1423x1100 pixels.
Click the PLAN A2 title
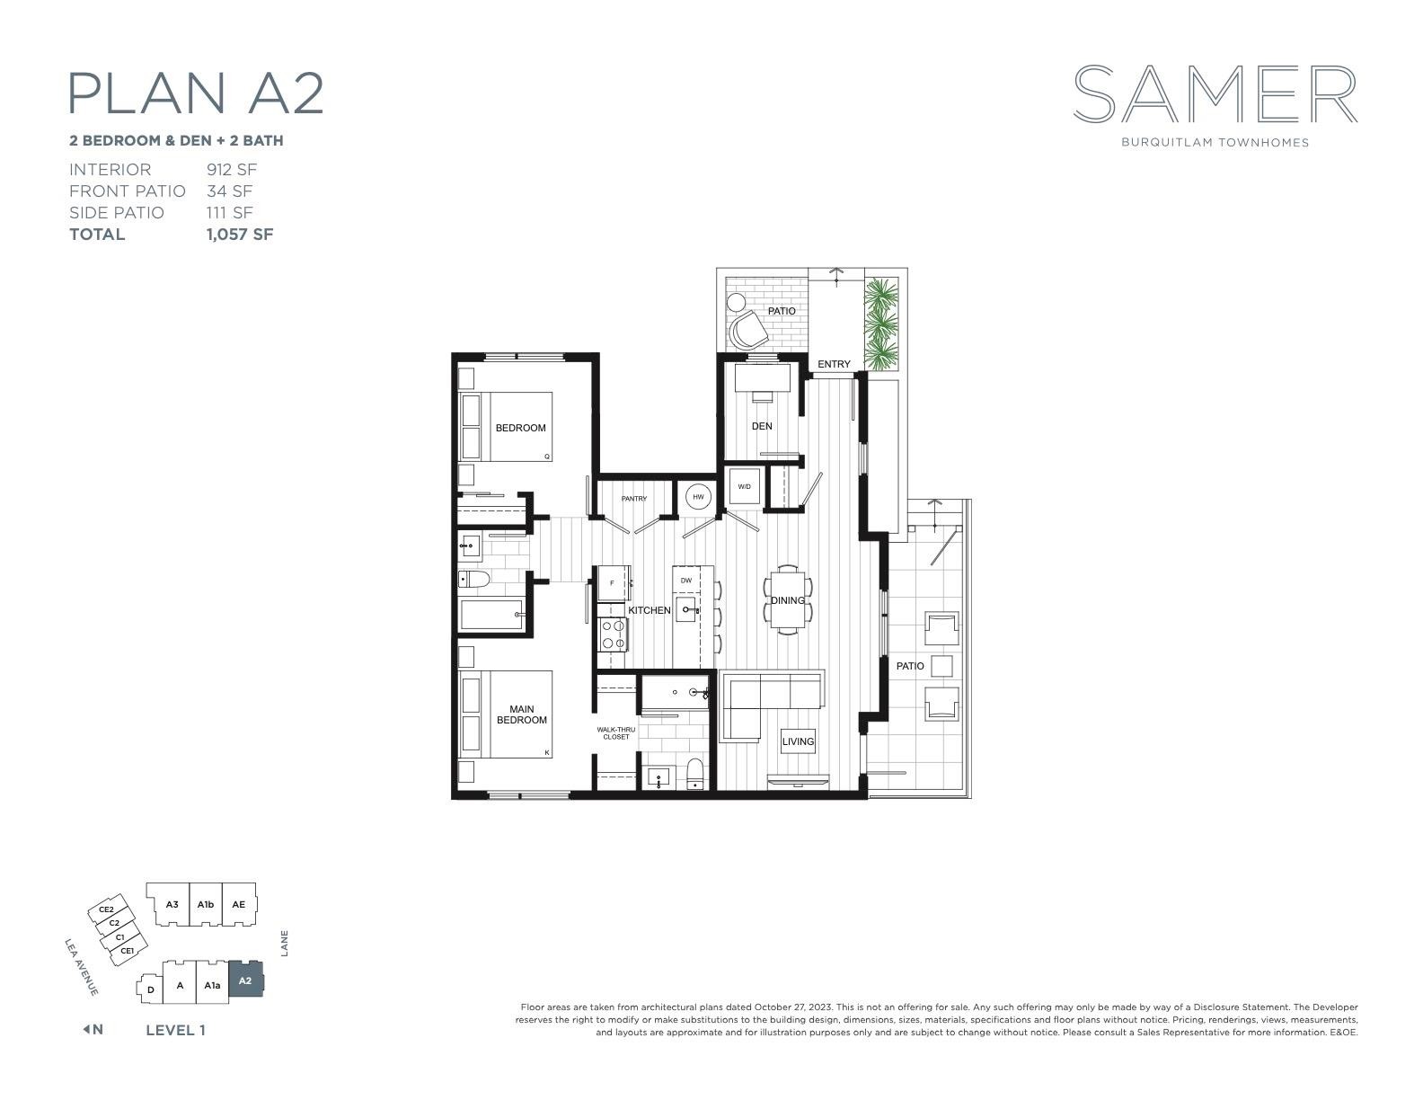coord(196,93)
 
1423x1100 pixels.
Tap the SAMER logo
coord(1215,93)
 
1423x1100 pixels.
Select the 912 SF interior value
coord(232,170)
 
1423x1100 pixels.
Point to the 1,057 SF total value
coord(240,235)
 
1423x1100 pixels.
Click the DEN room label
coord(762,426)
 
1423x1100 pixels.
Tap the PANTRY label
coord(634,499)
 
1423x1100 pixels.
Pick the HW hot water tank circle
coord(698,497)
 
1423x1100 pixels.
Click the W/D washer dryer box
coord(745,487)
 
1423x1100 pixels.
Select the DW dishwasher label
coord(686,581)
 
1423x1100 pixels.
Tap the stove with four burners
coord(613,634)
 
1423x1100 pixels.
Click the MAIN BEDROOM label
coord(522,714)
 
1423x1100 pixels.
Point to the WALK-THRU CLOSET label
coord(616,733)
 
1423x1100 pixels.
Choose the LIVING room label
coord(799,741)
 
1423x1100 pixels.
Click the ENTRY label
coord(834,364)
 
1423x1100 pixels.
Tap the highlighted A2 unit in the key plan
coord(245,980)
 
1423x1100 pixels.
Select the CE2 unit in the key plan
coord(106,909)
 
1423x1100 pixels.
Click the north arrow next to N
coord(86,1029)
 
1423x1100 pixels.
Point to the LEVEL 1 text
coord(175,1030)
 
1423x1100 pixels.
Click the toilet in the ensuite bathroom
coord(694,775)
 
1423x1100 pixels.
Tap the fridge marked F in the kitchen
coord(613,583)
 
